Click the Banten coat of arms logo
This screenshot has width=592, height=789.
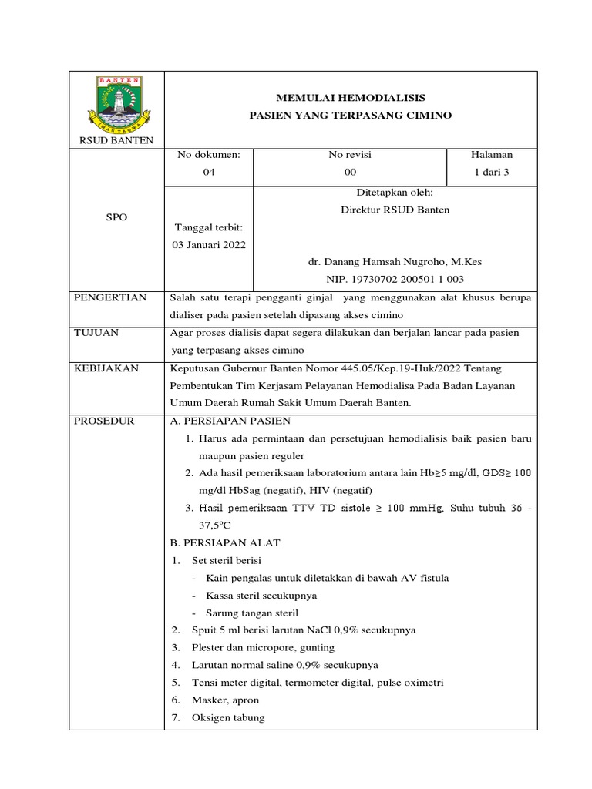(117, 103)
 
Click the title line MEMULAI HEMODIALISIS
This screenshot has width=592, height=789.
(350, 98)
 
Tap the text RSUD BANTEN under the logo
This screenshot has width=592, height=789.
(117, 139)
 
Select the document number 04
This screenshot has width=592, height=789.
(209, 172)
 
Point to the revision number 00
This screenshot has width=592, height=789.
(351, 172)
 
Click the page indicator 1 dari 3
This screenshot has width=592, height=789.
(492, 172)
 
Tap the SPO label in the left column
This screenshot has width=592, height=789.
(116, 217)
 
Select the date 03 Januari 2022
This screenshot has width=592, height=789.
(209, 245)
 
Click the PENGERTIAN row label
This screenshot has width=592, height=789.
(109, 297)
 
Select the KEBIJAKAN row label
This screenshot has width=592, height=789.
(106, 368)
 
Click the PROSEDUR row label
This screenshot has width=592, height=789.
(104, 421)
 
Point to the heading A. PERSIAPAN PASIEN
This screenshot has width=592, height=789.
(230, 421)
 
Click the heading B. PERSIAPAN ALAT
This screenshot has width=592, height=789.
(225, 543)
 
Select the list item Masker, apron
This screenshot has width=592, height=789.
(225, 700)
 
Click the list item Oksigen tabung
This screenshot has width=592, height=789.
(228, 717)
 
